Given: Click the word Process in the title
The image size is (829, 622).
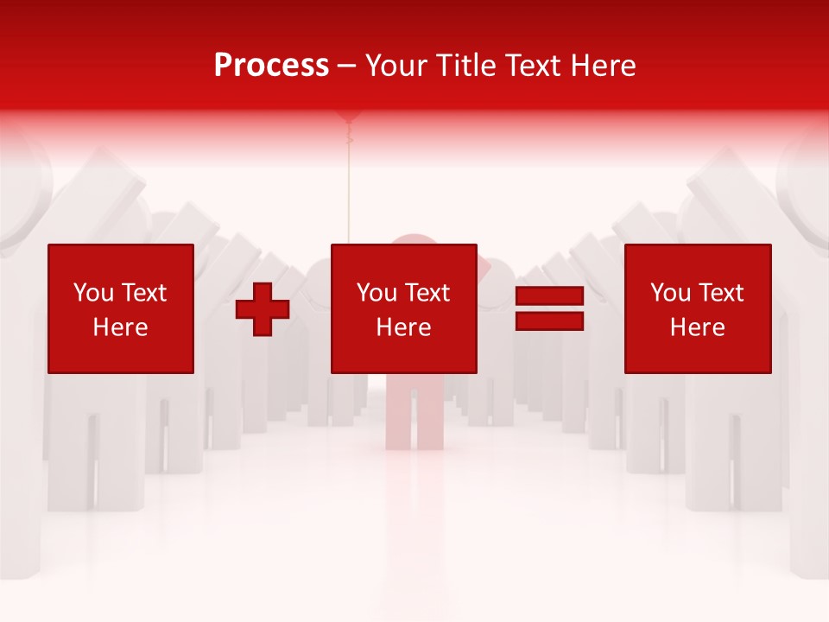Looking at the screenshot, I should (271, 66).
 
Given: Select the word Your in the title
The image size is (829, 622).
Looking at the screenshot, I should (394, 66).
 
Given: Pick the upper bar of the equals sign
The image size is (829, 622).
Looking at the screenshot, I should (549, 296).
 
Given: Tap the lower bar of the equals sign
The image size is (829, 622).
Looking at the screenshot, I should (549, 321).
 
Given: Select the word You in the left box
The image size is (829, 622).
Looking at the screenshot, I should (93, 293).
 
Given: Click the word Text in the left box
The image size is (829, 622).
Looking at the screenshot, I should (143, 293).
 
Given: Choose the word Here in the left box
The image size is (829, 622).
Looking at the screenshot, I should (120, 327).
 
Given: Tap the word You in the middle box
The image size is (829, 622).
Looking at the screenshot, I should (377, 293).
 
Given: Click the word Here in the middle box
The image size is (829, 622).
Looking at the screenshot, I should (403, 327).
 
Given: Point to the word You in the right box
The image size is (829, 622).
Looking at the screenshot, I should (670, 293).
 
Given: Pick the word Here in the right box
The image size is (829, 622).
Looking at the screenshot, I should (697, 327).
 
